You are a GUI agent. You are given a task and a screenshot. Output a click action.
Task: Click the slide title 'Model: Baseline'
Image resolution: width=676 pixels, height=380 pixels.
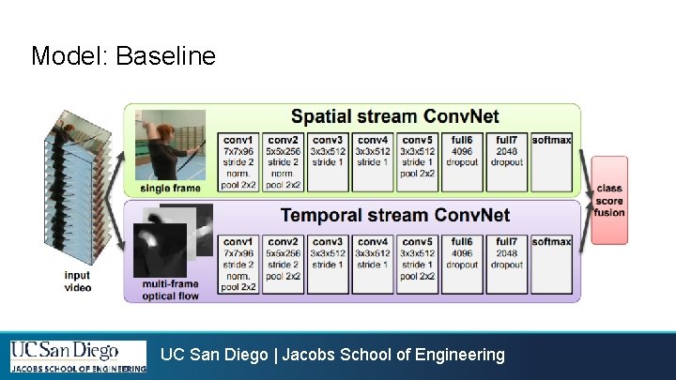tap(123, 56)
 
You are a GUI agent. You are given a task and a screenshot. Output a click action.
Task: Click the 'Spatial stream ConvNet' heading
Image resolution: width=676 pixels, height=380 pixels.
tap(394, 117)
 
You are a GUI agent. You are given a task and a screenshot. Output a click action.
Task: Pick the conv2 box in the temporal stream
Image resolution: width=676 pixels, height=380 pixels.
tap(283, 264)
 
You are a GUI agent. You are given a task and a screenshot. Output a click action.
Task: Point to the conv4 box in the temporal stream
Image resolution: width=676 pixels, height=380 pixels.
tap(373, 264)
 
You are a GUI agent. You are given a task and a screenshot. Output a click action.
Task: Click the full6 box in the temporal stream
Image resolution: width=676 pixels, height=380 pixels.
tap(462, 264)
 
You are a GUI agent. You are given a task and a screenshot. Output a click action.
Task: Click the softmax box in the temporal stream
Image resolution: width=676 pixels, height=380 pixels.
tap(551, 264)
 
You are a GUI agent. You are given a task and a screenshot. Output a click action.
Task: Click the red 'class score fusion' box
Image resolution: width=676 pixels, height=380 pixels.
tap(608, 201)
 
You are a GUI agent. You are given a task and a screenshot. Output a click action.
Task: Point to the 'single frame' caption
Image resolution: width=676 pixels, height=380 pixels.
tap(169, 189)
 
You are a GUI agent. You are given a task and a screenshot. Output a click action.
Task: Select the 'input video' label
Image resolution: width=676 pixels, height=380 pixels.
tap(78, 281)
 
